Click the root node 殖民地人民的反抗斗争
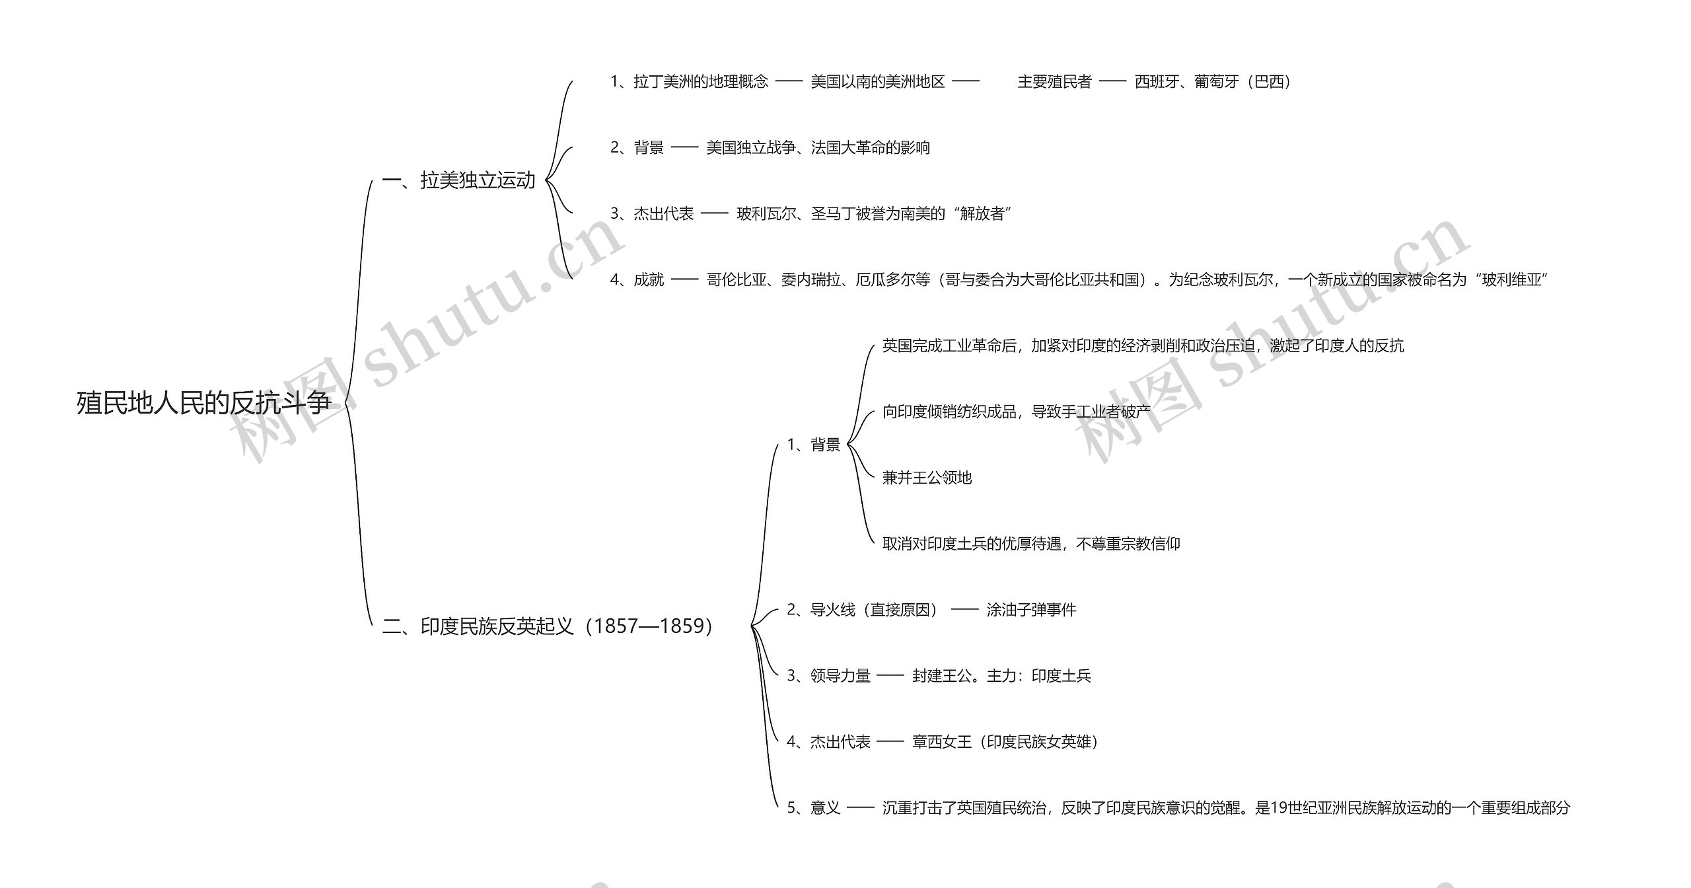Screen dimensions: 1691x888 click(x=203, y=403)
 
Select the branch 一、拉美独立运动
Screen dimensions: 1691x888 click(x=458, y=180)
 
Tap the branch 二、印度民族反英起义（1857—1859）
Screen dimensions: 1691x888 click(x=547, y=626)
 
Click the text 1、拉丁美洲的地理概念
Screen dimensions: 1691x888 click(x=689, y=81)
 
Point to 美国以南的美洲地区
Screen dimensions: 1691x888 click(x=877, y=81)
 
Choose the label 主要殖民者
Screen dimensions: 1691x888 click(x=1054, y=81)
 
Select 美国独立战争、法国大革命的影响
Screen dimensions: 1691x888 click(x=818, y=147)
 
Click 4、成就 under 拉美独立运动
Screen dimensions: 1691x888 click(x=637, y=279)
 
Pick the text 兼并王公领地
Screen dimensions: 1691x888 click(x=927, y=478)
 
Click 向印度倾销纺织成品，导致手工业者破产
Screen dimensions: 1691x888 click(x=1016, y=412)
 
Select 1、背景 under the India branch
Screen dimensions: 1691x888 click(x=814, y=445)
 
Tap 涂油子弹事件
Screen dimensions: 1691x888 click(x=1031, y=609)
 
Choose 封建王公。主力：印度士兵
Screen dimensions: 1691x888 click(x=1001, y=675)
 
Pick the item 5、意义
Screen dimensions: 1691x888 click(x=814, y=807)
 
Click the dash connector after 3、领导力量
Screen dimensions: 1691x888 click(x=890, y=675)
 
